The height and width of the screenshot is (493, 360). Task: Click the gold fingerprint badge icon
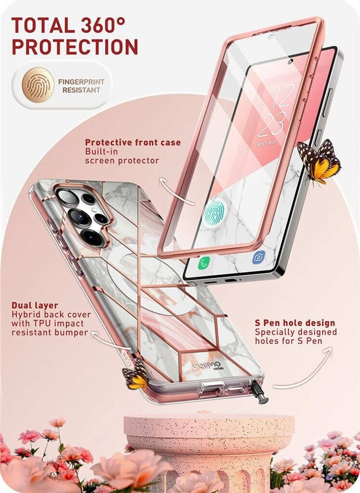click(x=38, y=85)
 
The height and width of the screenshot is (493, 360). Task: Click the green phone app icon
click(x=204, y=263)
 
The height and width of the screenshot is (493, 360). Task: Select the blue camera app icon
click(x=259, y=257)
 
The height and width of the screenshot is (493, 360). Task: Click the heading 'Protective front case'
click(x=133, y=143)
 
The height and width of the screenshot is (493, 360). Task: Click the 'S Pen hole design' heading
click(x=295, y=323)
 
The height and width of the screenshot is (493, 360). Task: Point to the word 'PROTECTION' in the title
click(x=75, y=47)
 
